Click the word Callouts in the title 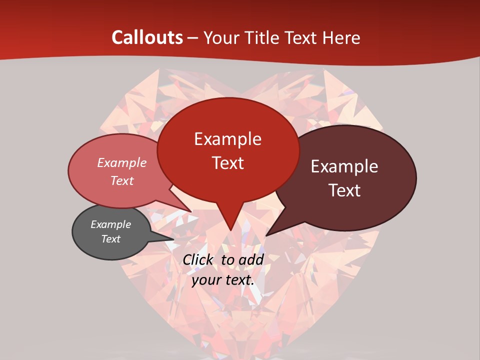[147, 37]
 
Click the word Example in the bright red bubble [227, 139]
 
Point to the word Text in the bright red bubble [227, 163]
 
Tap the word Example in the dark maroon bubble [344, 166]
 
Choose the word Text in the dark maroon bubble [344, 190]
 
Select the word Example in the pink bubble [121, 162]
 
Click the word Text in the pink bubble [121, 180]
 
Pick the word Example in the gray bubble [110, 224]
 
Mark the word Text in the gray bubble [110, 239]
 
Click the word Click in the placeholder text [199, 259]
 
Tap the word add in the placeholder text [251, 259]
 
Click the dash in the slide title [193, 38]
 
